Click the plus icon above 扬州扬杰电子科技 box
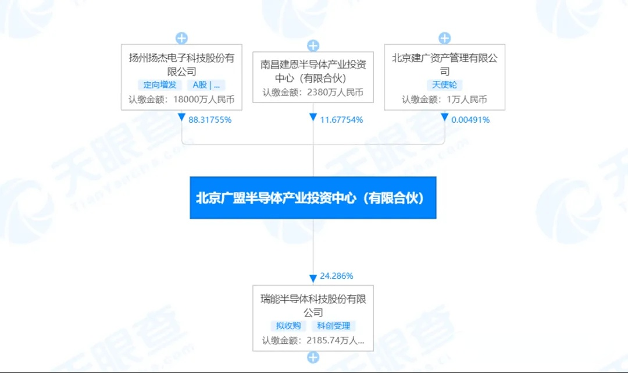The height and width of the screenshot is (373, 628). tap(181, 38)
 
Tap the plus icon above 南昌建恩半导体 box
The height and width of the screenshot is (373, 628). tap(313, 45)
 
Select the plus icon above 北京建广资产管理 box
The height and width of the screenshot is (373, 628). tap(445, 38)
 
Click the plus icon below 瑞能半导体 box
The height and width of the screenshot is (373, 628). tap(313, 357)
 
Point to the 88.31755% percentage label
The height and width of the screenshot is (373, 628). tap(210, 120)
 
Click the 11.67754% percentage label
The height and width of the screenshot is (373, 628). tap(341, 120)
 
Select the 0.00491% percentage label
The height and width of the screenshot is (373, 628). tap(470, 120)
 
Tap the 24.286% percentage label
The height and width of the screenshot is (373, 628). tap(337, 276)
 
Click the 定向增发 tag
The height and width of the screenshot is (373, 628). tap(160, 85)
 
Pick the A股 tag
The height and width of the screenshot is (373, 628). tap(206, 85)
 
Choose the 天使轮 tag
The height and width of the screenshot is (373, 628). tap(445, 85)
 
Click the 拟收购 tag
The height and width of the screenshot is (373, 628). tap(288, 326)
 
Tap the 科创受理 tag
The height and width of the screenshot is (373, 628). tap(334, 326)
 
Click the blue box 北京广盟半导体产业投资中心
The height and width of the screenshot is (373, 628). tap(313, 198)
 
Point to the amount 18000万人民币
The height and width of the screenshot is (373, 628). tap(204, 100)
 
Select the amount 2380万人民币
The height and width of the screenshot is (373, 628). tap(336, 93)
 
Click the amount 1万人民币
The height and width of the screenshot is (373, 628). tap(467, 100)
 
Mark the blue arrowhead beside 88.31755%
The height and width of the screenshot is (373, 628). tap(181, 117)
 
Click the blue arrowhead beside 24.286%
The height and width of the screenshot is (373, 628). tap(313, 278)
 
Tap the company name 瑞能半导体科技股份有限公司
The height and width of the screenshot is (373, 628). tap(313, 305)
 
